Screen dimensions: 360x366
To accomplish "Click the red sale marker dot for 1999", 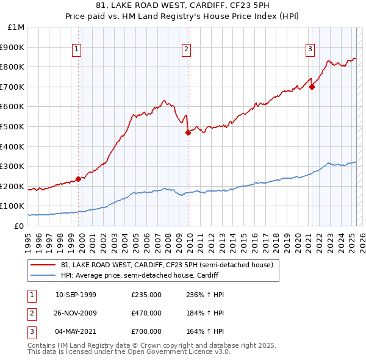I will pos(78,179).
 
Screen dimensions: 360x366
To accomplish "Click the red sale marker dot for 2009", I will pos(188,132).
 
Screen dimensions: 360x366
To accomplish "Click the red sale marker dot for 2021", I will pos(312,87).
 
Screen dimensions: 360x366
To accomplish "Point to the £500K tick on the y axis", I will pos(13,126).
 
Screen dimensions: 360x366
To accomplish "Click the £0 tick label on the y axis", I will pos(19,226).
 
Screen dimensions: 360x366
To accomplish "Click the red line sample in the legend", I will pos(43,265).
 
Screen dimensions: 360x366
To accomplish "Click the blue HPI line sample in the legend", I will pos(43,275).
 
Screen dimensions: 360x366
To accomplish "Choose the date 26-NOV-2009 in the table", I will pos(76,313).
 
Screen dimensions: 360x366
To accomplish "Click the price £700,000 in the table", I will pos(146,331).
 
